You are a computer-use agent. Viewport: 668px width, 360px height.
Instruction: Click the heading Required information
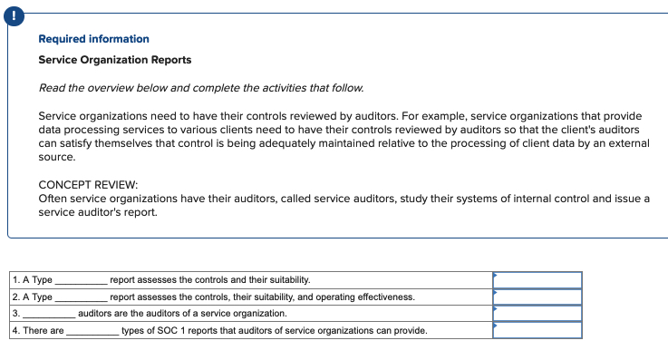pos(93,39)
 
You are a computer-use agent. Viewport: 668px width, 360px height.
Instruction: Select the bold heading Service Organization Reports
pos(114,60)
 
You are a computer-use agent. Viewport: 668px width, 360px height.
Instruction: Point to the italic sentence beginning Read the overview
pos(201,88)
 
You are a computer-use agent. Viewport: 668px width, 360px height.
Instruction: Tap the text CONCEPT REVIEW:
pos(88,184)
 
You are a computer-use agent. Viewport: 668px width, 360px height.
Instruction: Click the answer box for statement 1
pos(537,280)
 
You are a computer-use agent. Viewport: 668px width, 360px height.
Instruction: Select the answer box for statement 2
pos(537,297)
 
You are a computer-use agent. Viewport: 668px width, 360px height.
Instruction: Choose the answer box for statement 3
pos(537,313)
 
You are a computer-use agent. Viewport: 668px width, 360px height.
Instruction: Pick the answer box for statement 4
pos(537,330)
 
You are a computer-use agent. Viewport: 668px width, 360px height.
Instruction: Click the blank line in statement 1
pos(81,281)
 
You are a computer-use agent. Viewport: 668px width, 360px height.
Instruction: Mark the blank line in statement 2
pos(81,297)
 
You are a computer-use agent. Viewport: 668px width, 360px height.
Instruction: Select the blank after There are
pos(92,331)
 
